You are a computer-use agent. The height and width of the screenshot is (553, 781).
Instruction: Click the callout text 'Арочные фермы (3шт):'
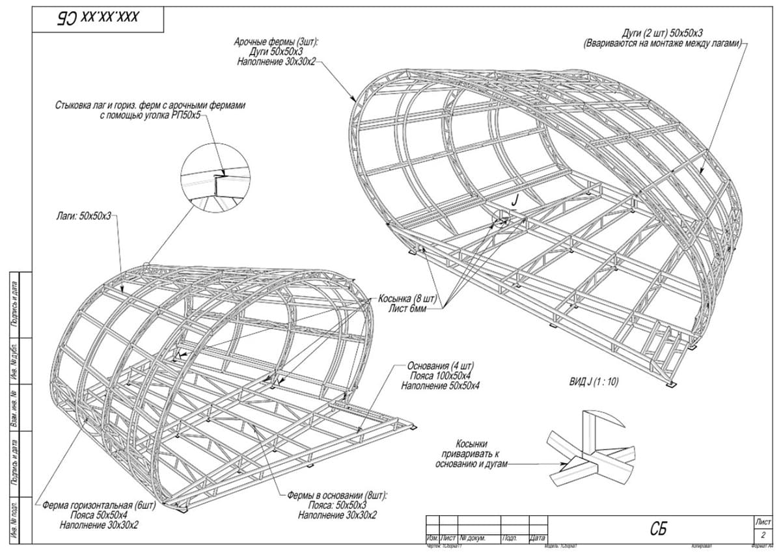(281, 42)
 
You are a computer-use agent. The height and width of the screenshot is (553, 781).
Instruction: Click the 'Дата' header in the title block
(537, 538)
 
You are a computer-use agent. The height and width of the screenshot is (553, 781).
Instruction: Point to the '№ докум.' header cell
(474, 538)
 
